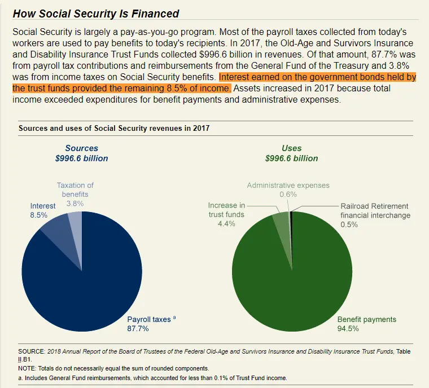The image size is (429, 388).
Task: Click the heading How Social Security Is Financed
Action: click(x=95, y=14)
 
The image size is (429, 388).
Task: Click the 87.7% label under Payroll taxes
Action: click(x=138, y=328)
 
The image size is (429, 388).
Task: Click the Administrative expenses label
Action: click(x=288, y=185)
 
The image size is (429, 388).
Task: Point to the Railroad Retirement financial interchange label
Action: click(x=375, y=210)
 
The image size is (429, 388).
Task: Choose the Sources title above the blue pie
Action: click(x=81, y=148)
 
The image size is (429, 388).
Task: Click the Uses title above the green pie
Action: click(x=291, y=148)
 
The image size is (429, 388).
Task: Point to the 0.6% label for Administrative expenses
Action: click(x=288, y=195)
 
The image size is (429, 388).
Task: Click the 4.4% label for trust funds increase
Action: click(x=226, y=224)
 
